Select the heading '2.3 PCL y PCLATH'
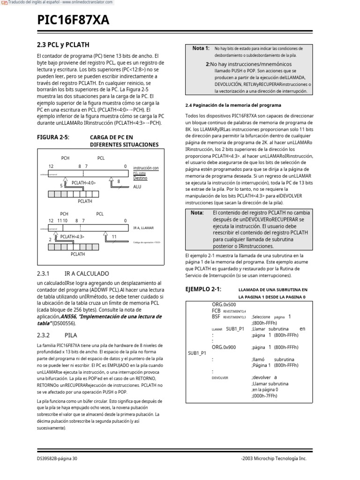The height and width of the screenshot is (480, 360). (63, 45)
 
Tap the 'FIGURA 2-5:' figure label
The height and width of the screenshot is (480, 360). (52, 137)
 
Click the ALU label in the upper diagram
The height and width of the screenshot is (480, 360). (137, 187)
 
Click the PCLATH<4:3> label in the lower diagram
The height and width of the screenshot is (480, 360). (72, 237)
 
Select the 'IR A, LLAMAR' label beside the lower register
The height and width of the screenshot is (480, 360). (143, 228)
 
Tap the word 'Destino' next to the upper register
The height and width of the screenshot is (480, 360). (140, 178)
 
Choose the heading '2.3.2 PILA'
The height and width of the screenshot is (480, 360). (57, 335)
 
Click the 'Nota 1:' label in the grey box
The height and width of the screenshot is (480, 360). (201, 48)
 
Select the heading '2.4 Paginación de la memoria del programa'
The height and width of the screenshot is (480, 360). (233, 105)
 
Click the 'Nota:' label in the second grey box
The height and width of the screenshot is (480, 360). (197, 212)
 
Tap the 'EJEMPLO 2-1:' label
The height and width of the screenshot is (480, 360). (203, 289)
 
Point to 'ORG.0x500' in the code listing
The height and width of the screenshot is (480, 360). (224, 304)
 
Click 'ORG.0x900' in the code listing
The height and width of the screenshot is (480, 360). (224, 347)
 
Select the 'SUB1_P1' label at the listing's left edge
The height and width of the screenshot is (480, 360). (197, 353)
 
